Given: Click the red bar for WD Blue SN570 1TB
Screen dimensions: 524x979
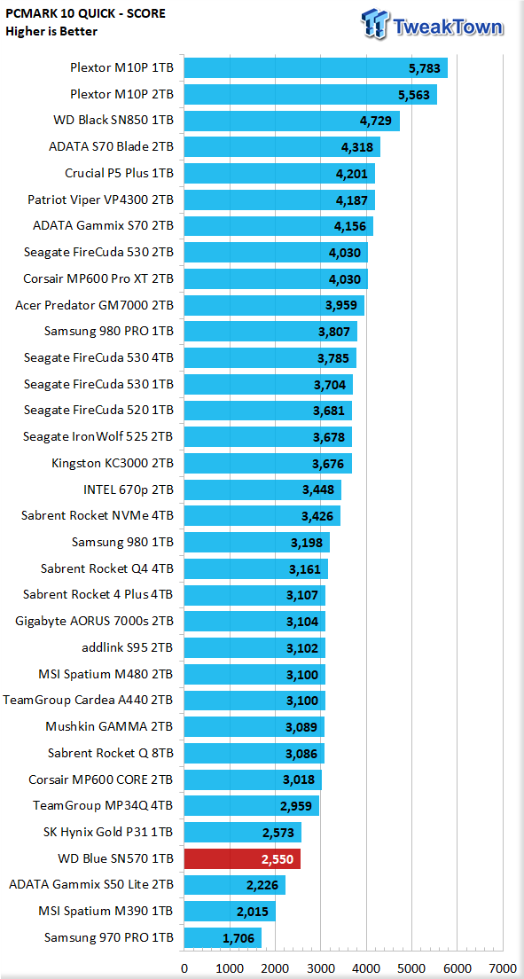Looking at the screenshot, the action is click(x=242, y=858).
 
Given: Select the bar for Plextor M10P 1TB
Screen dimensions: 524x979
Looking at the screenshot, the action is click(x=316, y=68).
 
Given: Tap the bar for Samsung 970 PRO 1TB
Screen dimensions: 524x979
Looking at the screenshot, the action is click(x=223, y=937).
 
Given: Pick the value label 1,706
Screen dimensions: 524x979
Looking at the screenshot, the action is click(x=239, y=938).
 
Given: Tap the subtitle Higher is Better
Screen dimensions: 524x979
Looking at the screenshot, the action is click(x=51, y=31).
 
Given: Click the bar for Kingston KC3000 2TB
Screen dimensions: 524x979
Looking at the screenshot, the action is click(x=268, y=463).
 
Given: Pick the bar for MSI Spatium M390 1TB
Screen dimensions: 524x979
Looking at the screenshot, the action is click(x=230, y=911).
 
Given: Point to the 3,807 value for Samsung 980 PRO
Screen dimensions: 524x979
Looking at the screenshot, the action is click(x=335, y=331).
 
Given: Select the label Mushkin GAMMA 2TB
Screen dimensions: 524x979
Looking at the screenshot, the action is click(x=110, y=727).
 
